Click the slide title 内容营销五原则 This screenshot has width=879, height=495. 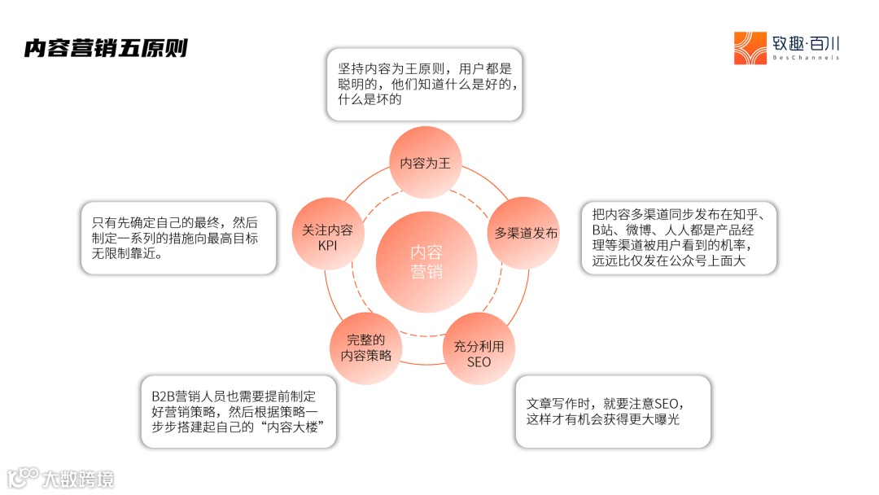click(106, 48)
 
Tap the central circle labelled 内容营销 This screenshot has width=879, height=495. click(426, 261)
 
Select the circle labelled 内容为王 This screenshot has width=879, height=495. click(425, 163)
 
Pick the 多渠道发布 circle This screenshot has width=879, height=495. click(526, 233)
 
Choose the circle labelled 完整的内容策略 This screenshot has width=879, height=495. click(366, 348)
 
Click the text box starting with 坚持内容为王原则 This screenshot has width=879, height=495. click(424, 85)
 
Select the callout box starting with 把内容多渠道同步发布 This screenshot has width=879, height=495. click(679, 238)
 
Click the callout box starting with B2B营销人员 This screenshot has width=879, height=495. click(238, 411)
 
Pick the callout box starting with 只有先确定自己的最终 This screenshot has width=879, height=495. click(179, 238)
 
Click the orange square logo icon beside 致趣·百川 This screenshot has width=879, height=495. click(750, 48)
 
